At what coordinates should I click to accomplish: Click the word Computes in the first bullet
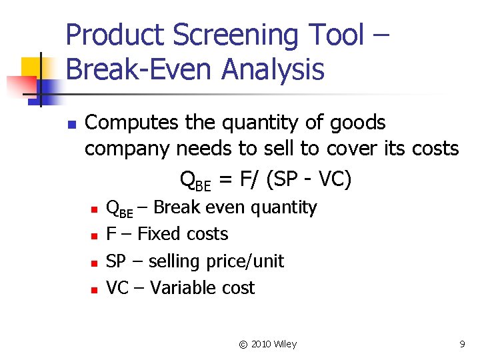[x=133, y=123]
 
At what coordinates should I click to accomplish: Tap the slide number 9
[x=462, y=344]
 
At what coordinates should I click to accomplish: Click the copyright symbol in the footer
[x=243, y=344]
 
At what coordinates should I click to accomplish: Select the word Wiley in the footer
[x=285, y=344]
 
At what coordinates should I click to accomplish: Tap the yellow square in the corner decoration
[x=31, y=67]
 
